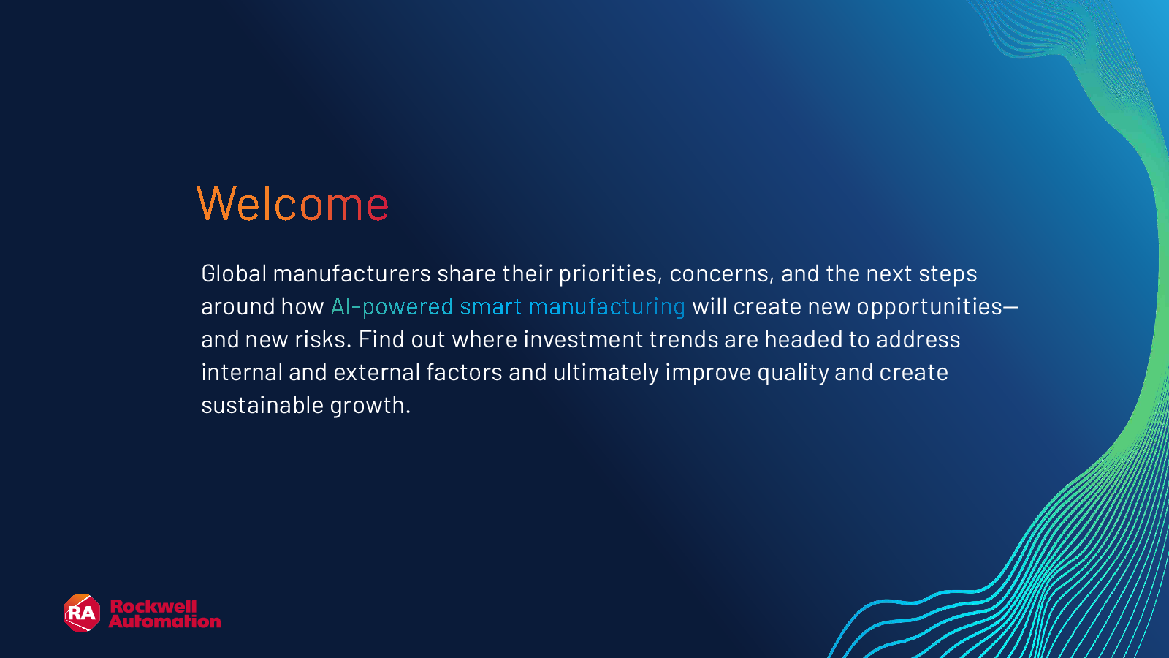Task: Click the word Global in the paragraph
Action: (x=234, y=273)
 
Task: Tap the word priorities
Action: (x=607, y=274)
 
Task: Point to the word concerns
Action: (x=719, y=274)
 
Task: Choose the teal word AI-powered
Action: (x=392, y=307)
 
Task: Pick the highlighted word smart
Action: (x=490, y=307)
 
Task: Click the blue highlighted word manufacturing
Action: (x=607, y=307)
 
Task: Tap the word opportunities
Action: (x=929, y=307)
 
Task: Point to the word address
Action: (x=918, y=339)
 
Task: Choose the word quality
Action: (x=793, y=373)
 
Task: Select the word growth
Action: (x=370, y=406)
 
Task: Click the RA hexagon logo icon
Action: (x=82, y=613)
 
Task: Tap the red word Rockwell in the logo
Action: (x=153, y=606)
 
